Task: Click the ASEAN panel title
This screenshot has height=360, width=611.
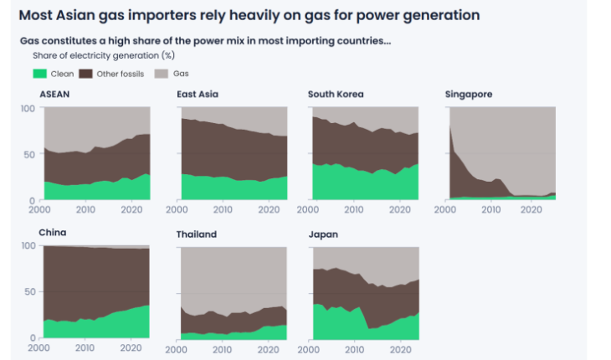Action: [x=54, y=95]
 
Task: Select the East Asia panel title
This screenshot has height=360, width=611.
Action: [x=198, y=95]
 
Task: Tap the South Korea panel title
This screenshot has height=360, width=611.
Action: [x=336, y=95]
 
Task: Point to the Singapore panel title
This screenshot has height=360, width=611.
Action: [x=469, y=95]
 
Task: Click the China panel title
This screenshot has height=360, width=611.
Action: [x=52, y=233]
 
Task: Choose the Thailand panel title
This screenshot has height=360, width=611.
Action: [x=197, y=234]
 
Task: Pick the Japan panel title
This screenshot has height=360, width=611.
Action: [x=323, y=234]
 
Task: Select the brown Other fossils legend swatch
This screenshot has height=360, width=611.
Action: [x=84, y=74]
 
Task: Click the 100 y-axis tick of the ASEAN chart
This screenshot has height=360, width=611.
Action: [x=28, y=108]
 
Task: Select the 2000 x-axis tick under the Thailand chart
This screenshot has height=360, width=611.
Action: [x=177, y=347]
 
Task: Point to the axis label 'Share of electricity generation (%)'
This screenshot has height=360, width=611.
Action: [x=103, y=55]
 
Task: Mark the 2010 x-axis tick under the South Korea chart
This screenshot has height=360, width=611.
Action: [x=357, y=209]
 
